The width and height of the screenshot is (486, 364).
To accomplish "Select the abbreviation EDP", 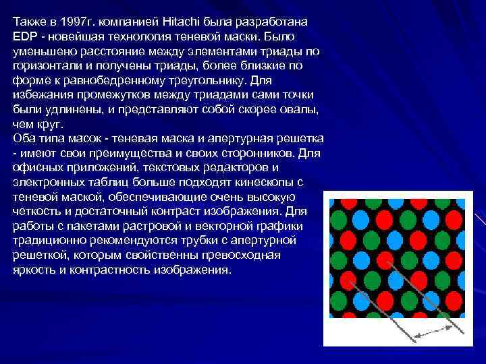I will point(24,36).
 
